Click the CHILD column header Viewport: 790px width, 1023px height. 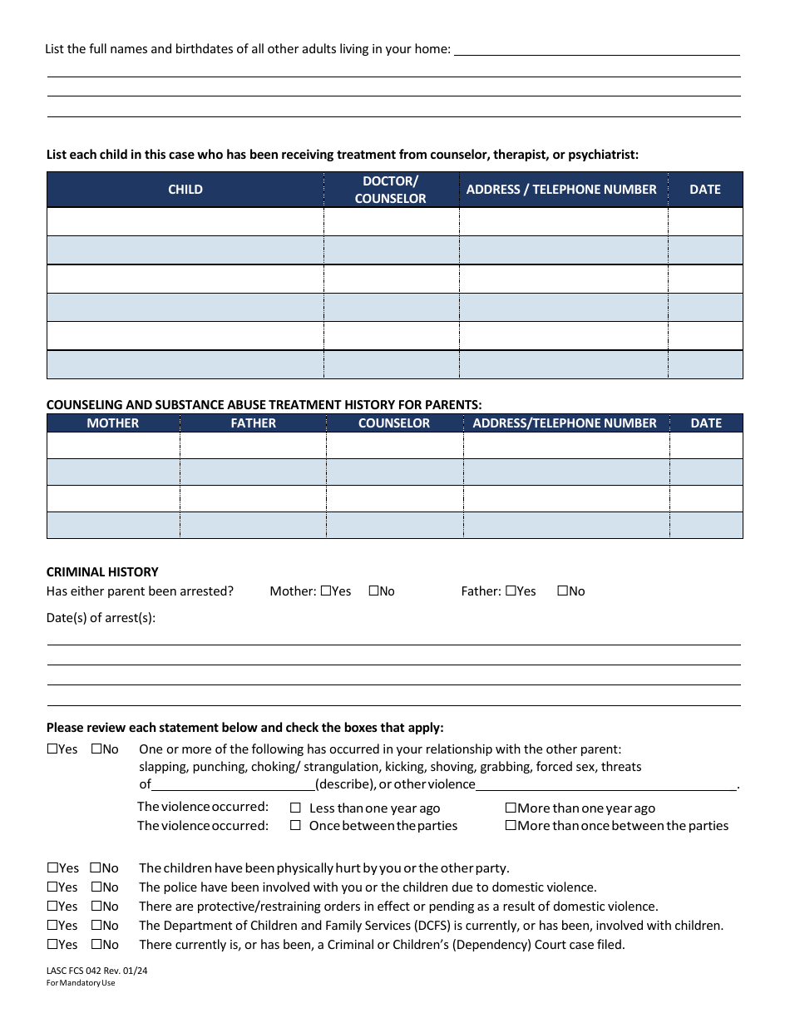point(185,190)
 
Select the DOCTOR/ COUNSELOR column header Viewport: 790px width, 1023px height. point(390,190)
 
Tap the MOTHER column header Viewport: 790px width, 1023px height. point(113,423)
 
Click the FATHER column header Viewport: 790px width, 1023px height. point(253,423)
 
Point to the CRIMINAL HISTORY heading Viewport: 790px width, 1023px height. point(102,572)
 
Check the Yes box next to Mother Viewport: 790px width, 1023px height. point(325,591)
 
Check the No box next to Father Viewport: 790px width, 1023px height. point(562,591)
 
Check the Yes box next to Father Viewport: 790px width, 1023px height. point(511,591)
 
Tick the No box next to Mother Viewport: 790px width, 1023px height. point(373,591)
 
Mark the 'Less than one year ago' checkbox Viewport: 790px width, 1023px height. point(295,808)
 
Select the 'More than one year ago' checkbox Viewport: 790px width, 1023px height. point(511,808)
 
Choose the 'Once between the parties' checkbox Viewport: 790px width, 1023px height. point(295,826)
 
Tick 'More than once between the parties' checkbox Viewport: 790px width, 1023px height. point(511,826)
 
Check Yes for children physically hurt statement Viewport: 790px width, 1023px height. point(52,868)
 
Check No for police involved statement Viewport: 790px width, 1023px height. point(96,887)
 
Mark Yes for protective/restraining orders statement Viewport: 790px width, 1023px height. point(52,907)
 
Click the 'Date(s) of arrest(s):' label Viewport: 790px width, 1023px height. point(101,618)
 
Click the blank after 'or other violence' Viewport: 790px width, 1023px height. point(605,784)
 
